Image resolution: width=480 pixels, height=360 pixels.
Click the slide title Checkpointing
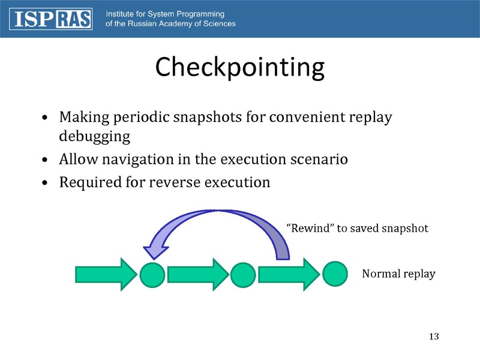pos(239,67)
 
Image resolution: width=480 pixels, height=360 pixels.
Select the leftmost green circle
pos(152,275)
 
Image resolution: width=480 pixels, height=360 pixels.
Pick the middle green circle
pos(243,275)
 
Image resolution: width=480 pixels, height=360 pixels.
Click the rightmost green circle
pos(335,274)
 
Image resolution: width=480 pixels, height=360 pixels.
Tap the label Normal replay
pos(398,274)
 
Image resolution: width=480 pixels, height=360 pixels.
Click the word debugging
pos(94,136)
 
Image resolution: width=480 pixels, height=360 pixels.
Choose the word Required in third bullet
pos(86,181)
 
